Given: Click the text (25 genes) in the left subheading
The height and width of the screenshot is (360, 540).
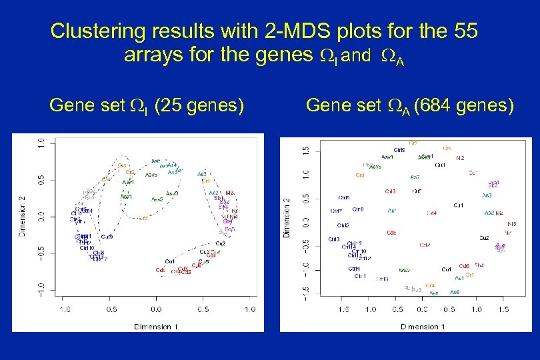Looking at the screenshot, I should (x=199, y=105).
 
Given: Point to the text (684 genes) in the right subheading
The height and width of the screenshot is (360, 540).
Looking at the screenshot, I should (x=464, y=105).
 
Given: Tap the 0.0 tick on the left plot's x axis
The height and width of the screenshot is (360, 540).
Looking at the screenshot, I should (x=156, y=310).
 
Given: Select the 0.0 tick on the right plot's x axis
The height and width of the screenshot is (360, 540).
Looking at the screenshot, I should (x=422, y=310).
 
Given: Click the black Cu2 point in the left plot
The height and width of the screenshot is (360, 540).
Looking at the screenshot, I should (x=221, y=243).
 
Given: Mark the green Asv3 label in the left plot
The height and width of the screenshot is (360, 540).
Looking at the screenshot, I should (x=171, y=193).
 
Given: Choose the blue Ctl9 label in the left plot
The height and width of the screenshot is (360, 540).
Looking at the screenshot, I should (x=107, y=237).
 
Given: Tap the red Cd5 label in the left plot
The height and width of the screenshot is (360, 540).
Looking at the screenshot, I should (x=161, y=270).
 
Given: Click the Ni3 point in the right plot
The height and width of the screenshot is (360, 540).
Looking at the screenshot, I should (x=511, y=224).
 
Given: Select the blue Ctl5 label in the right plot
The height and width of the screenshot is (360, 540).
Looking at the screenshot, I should (x=343, y=198).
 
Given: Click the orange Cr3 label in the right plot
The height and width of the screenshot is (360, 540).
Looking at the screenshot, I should (x=360, y=175).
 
